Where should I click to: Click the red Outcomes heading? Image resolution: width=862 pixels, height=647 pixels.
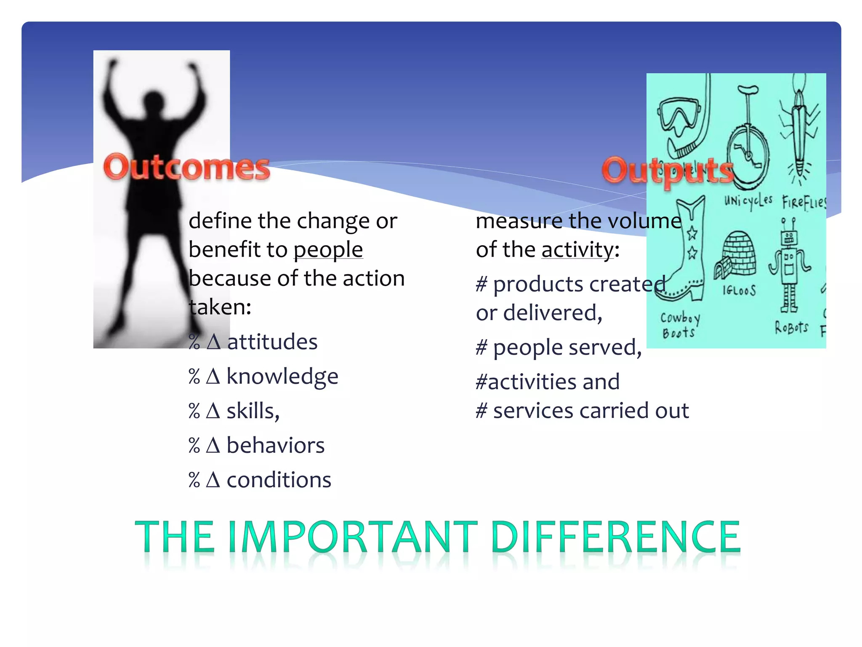click(186, 168)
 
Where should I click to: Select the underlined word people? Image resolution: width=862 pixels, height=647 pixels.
click(328, 250)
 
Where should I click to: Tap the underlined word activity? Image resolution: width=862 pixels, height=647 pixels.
click(577, 250)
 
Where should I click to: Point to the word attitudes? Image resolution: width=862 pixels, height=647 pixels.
click(272, 342)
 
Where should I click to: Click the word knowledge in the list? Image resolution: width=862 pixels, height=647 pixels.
click(282, 376)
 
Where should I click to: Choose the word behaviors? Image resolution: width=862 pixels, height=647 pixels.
click(276, 445)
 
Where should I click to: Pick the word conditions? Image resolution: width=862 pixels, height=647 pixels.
click(279, 480)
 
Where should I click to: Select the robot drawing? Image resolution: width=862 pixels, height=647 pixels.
click(789, 265)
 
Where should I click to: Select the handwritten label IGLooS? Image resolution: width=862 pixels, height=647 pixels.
click(739, 290)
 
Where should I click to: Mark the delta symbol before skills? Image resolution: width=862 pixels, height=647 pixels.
click(213, 411)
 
